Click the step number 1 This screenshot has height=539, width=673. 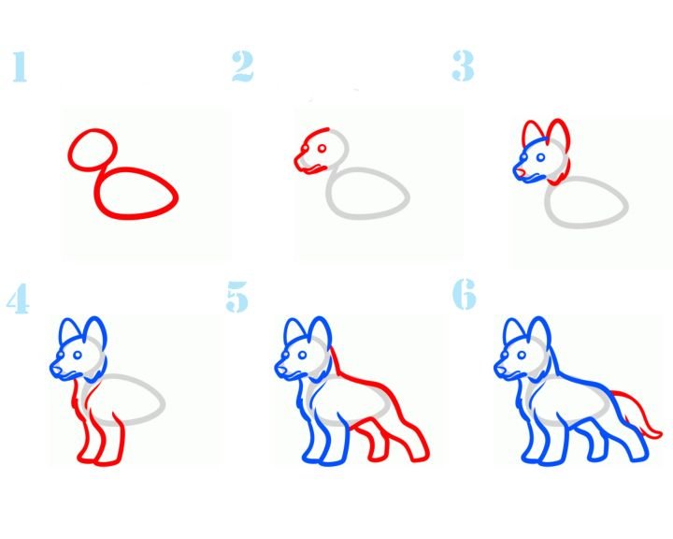click(x=20, y=66)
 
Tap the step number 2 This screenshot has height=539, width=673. click(x=242, y=66)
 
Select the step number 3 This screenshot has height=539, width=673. click(x=463, y=66)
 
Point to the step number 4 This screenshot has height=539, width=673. click(x=18, y=299)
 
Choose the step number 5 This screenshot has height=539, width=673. click(x=236, y=296)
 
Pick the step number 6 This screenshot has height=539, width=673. click(x=465, y=294)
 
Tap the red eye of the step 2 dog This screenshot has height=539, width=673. click(x=322, y=149)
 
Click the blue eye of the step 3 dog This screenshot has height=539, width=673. click(x=541, y=158)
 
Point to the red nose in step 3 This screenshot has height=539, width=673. click(x=520, y=173)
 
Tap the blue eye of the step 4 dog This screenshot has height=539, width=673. click(x=78, y=355)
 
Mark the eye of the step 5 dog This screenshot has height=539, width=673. click(x=302, y=355)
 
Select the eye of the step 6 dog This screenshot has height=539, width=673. click(x=522, y=355)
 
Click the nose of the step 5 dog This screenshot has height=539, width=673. click(x=279, y=370)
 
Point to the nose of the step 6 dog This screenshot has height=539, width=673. click(x=499, y=370)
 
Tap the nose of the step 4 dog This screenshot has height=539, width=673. click(x=55, y=370)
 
